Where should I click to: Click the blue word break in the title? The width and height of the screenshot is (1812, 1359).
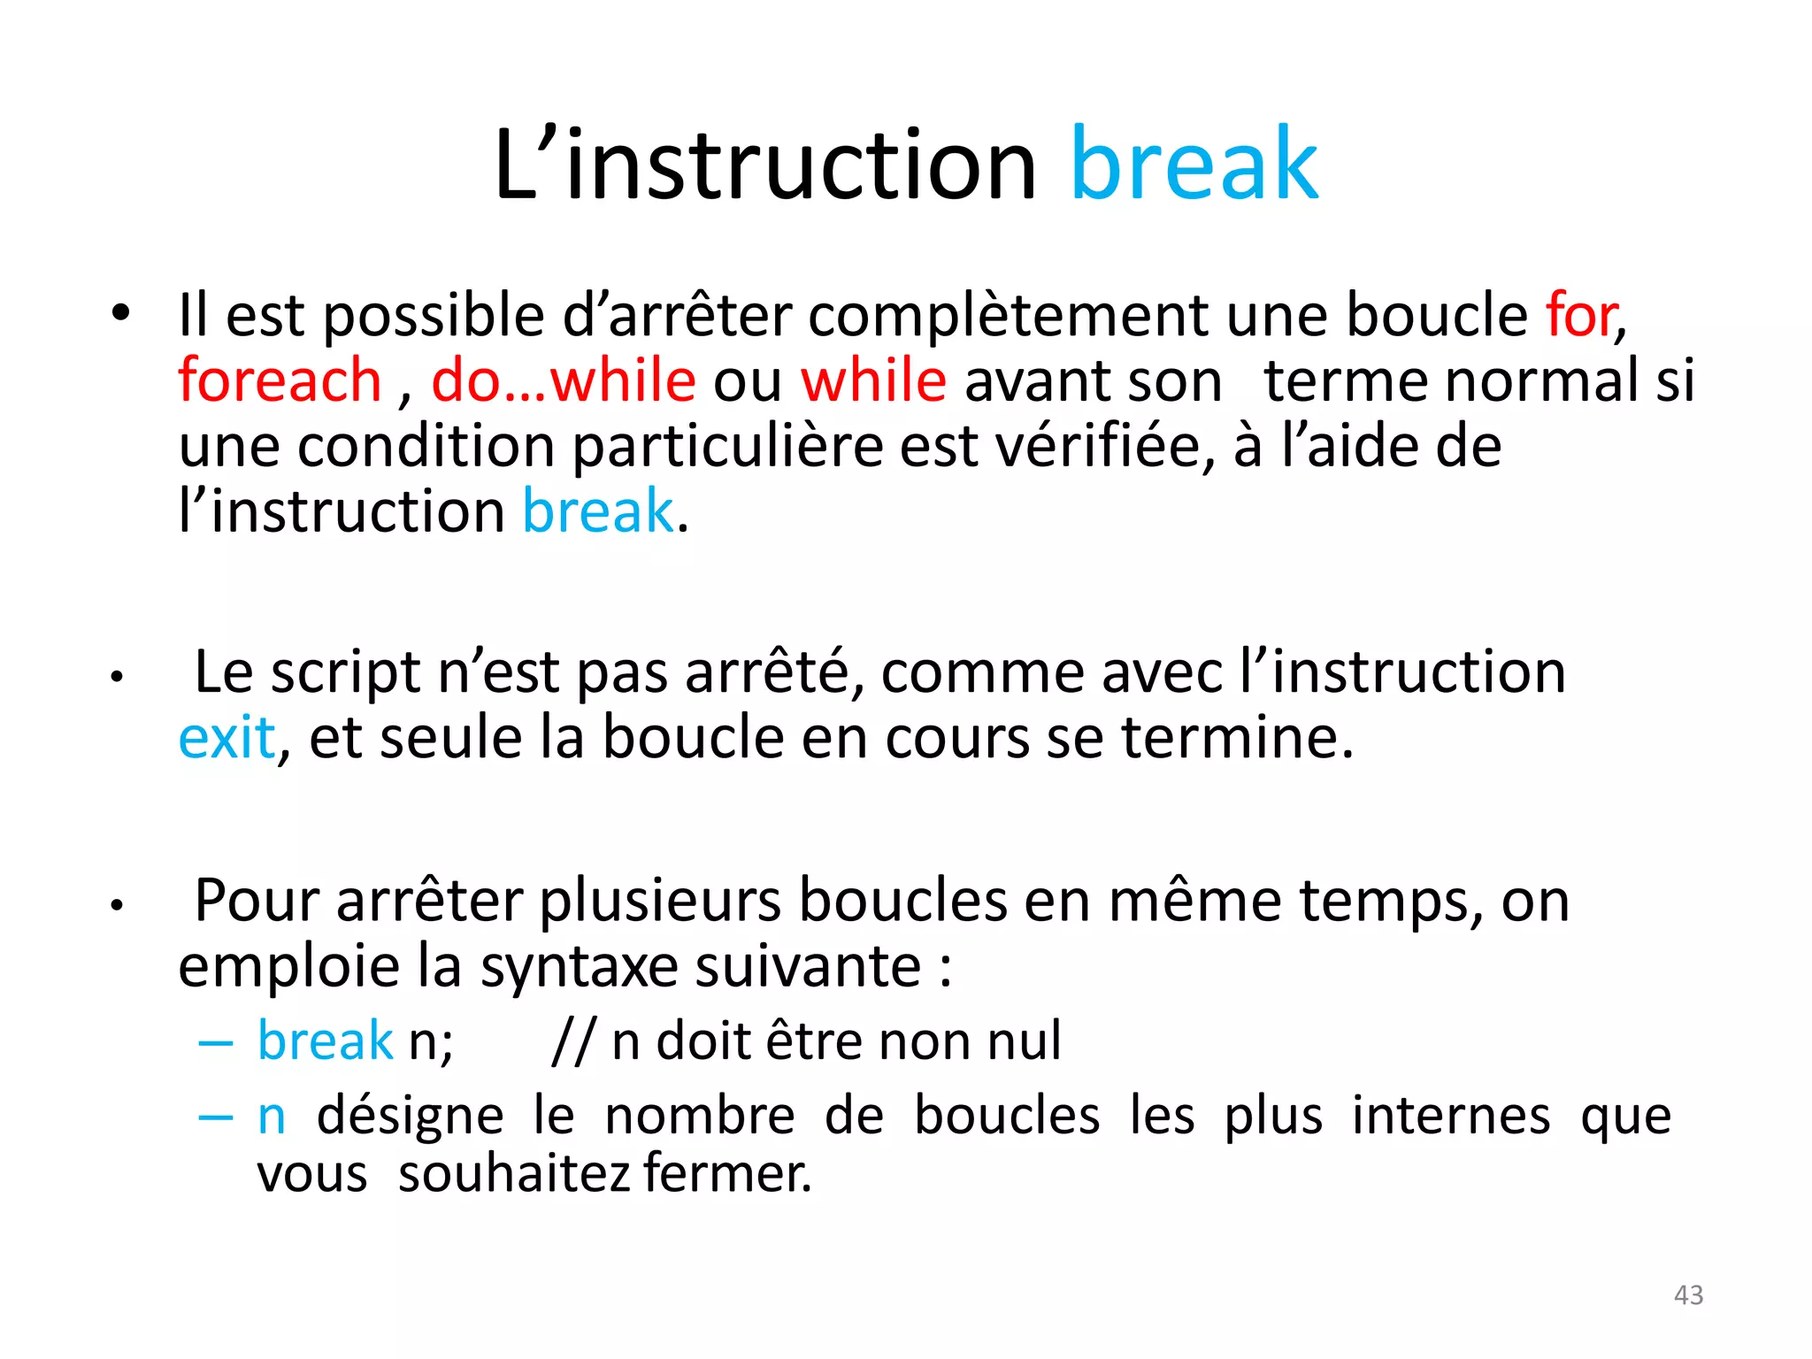point(1194,165)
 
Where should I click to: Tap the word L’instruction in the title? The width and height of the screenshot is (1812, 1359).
point(764,165)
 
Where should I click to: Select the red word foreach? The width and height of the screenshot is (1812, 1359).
point(280,380)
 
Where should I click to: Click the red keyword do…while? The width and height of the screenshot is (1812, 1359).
point(564,380)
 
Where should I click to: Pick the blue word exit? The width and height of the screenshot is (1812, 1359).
point(226,737)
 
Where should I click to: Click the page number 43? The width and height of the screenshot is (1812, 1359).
point(1688,1295)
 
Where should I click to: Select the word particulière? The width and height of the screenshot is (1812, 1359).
point(727,447)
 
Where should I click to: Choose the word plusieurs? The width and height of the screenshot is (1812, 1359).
point(660,902)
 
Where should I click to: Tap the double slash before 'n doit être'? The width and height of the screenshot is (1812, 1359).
point(573,1041)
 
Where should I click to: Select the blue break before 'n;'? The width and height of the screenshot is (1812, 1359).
point(325,1040)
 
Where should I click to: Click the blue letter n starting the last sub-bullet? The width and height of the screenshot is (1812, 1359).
point(272,1117)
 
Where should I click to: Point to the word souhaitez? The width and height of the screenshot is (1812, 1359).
point(513,1175)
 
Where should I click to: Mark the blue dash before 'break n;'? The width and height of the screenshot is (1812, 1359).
point(216,1043)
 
